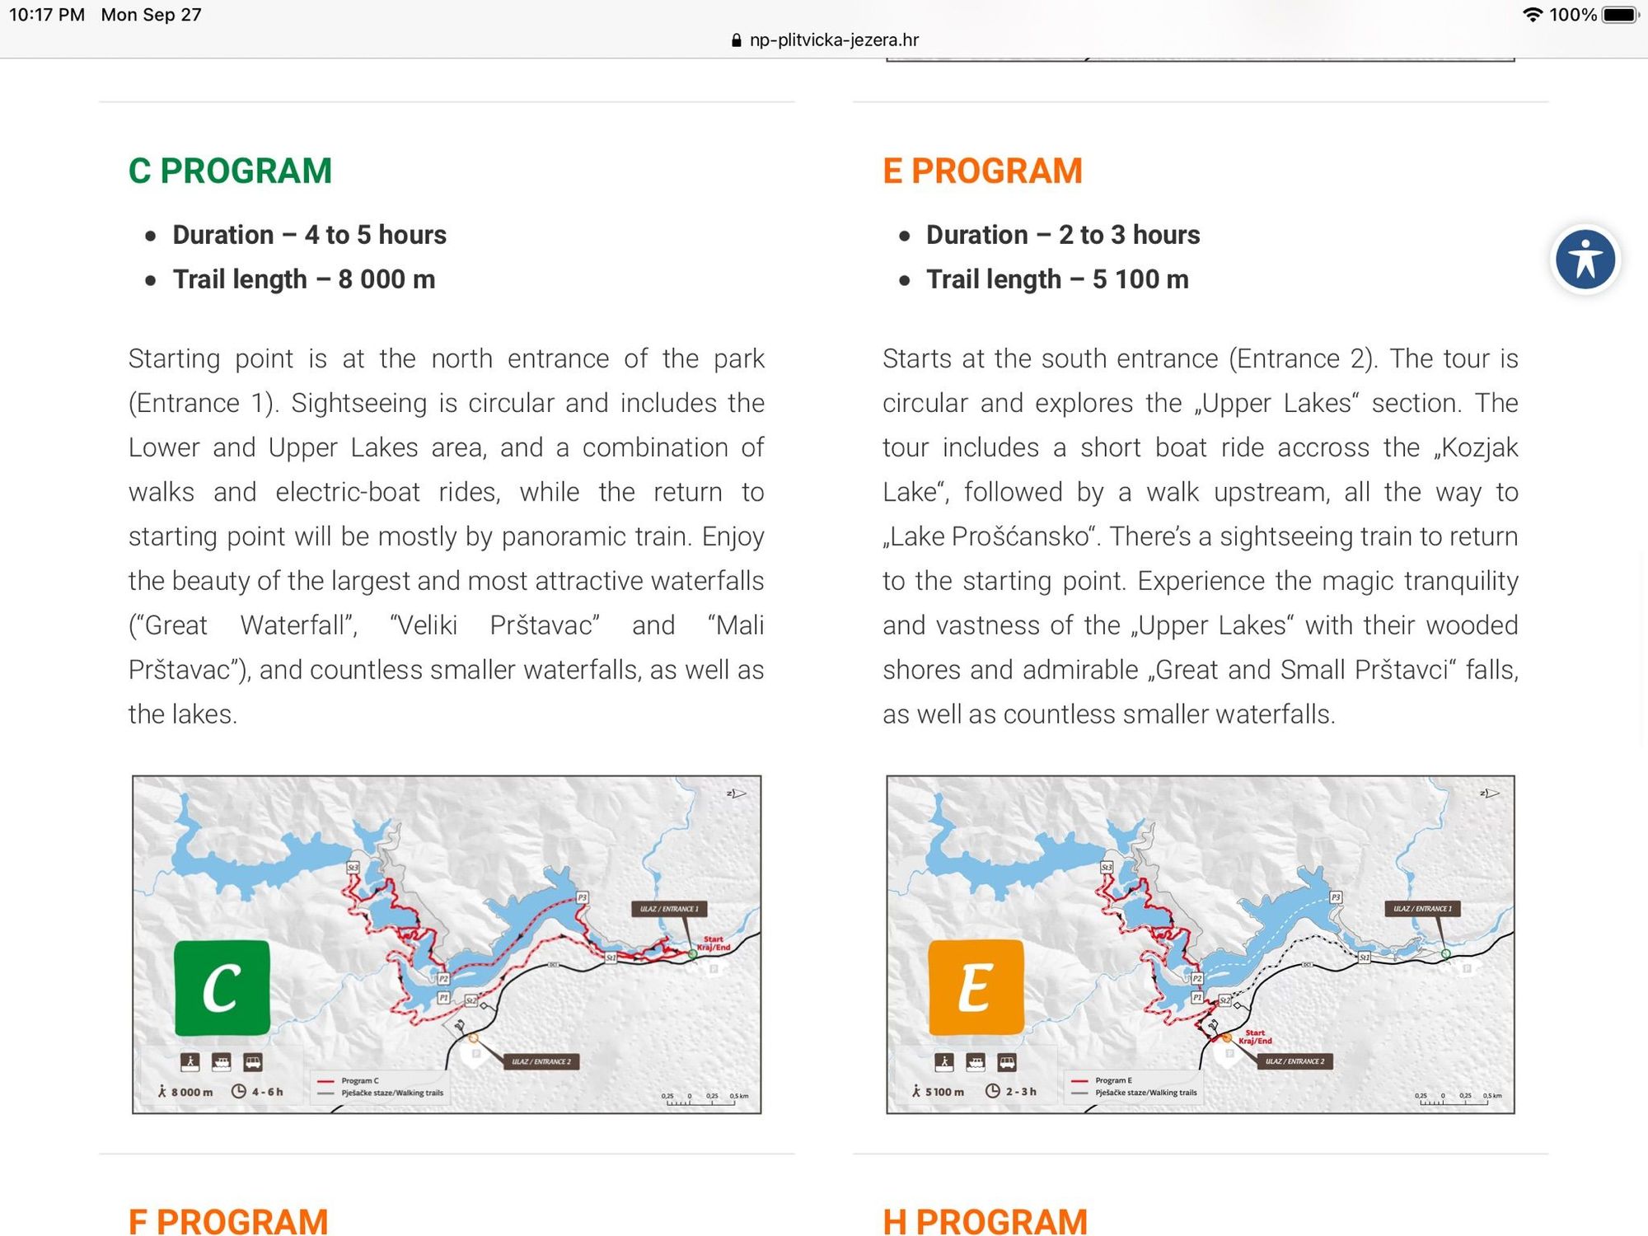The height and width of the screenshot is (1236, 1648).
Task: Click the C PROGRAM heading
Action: [x=230, y=171]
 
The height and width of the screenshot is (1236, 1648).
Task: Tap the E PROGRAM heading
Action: [x=982, y=171]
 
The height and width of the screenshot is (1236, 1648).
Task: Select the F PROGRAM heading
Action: [x=228, y=1221]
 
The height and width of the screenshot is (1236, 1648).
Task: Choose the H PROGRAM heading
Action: [x=985, y=1221]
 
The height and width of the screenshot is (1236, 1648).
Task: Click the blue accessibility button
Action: [x=1585, y=260]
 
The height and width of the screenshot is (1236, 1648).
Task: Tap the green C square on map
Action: [x=222, y=987]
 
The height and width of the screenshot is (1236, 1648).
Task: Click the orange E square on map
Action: [x=976, y=987]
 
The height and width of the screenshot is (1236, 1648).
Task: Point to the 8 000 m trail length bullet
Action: [x=303, y=279]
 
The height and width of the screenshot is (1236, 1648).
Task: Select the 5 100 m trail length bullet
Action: [x=1057, y=279]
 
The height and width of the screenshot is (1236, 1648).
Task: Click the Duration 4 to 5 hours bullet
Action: [x=309, y=235]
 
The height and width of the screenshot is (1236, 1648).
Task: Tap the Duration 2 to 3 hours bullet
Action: [x=1063, y=235]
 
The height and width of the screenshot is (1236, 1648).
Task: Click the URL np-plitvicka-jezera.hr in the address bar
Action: [x=833, y=40]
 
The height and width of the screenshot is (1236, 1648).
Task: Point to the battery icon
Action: [x=1620, y=15]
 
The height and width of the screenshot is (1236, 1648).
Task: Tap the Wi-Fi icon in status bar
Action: [x=1533, y=15]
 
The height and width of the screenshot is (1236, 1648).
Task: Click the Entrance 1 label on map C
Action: [x=669, y=909]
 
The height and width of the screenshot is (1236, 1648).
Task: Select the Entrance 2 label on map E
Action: [x=1295, y=1061]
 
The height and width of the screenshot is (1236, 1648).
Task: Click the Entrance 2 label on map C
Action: [x=541, y=1061]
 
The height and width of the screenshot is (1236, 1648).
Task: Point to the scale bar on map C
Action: [x=705, y=1100]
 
